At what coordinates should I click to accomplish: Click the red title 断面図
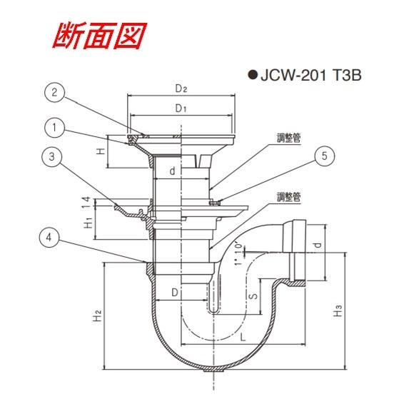click(99, 36)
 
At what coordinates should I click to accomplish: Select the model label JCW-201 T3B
click(310, 75)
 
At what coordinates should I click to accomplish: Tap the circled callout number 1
click(55, 128)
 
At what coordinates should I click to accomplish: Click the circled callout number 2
click(55, 92)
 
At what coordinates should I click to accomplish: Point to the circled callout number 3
click(51, 156)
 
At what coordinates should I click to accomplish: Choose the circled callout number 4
click(49, 238)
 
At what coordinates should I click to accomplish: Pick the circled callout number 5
click(325, 156)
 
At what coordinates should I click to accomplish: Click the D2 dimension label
click(181, 89)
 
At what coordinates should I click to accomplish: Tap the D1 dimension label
click(181, 108)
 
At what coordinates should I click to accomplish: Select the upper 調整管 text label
click(289, 138)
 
